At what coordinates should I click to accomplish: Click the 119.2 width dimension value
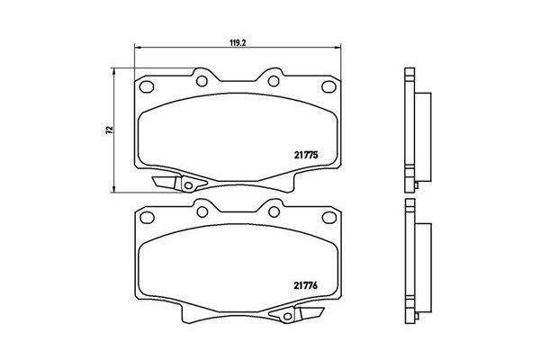pos(238,40)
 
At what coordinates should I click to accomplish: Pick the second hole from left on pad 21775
pos(202,82)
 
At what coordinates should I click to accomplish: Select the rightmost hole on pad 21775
pos(327,86)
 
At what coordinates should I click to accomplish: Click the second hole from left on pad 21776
pos(202,212)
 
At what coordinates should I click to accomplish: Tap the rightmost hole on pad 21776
pos(327,217)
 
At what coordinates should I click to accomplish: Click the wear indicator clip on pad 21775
pos(181,183)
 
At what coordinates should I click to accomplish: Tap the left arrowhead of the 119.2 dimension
pos(137,48)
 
